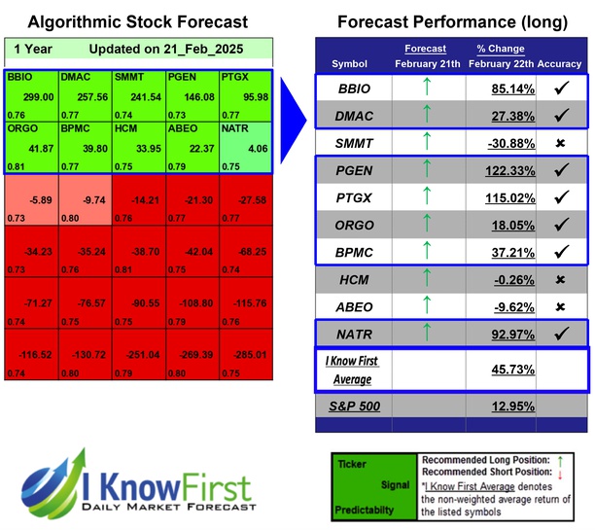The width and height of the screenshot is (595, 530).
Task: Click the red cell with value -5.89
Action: click(31, 200)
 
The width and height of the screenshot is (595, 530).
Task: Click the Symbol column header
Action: click(350, 63)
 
